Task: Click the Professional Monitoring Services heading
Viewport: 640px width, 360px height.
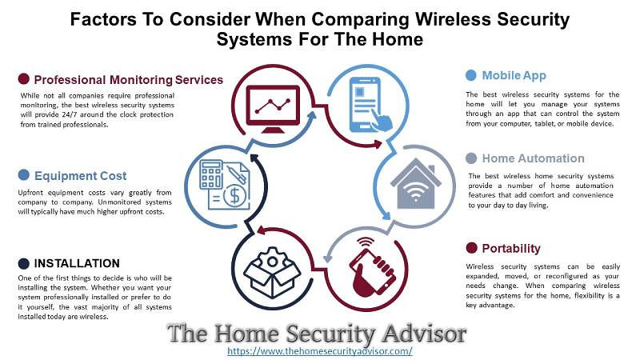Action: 129,80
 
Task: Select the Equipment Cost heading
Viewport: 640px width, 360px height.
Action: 81,176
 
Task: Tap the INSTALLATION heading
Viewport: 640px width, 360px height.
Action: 77,264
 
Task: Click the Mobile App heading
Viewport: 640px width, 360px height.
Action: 514,75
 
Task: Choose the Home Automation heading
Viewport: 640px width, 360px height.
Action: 533,158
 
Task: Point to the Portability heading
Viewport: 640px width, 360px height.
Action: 511,249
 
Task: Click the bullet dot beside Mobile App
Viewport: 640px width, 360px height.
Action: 471,75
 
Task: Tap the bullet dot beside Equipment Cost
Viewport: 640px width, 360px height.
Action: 24,175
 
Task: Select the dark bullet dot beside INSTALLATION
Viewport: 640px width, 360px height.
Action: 24,264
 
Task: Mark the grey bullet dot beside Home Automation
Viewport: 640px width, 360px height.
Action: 471,158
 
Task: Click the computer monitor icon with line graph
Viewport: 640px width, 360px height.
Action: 273,109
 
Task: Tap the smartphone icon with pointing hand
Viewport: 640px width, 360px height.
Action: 370,105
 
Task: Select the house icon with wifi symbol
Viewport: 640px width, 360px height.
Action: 415,184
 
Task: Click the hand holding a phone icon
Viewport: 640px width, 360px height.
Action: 371,266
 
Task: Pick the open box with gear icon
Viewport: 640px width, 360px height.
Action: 272,272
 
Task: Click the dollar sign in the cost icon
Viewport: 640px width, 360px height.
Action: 234,195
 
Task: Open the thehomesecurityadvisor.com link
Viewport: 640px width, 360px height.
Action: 319,351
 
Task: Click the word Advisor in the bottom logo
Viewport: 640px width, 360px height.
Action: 425,334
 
